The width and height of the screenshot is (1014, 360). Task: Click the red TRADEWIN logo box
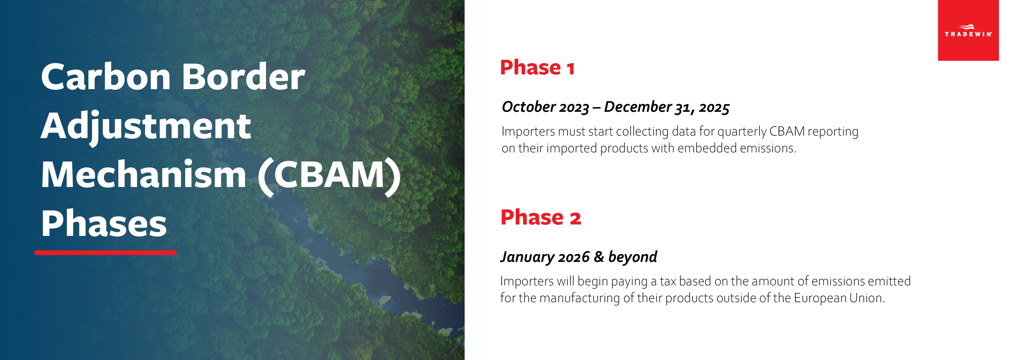pos(968,30)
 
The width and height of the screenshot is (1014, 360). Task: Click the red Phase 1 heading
pos(537,68)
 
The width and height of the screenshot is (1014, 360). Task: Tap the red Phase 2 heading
pos(540,217)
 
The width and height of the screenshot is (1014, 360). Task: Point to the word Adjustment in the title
pos(146,127)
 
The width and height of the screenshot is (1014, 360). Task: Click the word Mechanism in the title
pos(144,175)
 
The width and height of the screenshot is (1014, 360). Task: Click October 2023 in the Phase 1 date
pos(545,107)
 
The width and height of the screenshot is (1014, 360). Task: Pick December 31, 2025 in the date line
pos(666,107)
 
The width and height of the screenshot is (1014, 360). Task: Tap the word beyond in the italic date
pos(632,257)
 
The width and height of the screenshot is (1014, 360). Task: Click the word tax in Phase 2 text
pos(668,281)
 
